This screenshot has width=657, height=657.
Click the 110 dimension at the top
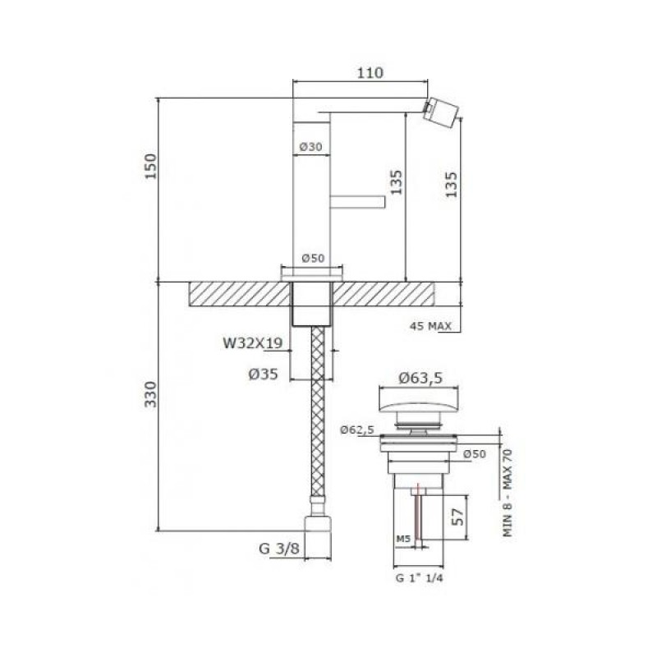(370, 73)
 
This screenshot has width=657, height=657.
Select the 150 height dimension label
(150, 167)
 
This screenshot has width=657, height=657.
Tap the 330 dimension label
(150, 394)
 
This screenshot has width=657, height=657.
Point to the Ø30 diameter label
(311, 147)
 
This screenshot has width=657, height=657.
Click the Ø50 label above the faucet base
(313, 258)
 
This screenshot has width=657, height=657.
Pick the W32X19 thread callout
(253, 343)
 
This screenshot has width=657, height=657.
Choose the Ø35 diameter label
(263, 374)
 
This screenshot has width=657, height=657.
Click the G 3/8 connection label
(279, 549)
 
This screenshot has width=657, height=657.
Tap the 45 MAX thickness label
(430, 325)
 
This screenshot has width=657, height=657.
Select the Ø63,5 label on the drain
(420, 379)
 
